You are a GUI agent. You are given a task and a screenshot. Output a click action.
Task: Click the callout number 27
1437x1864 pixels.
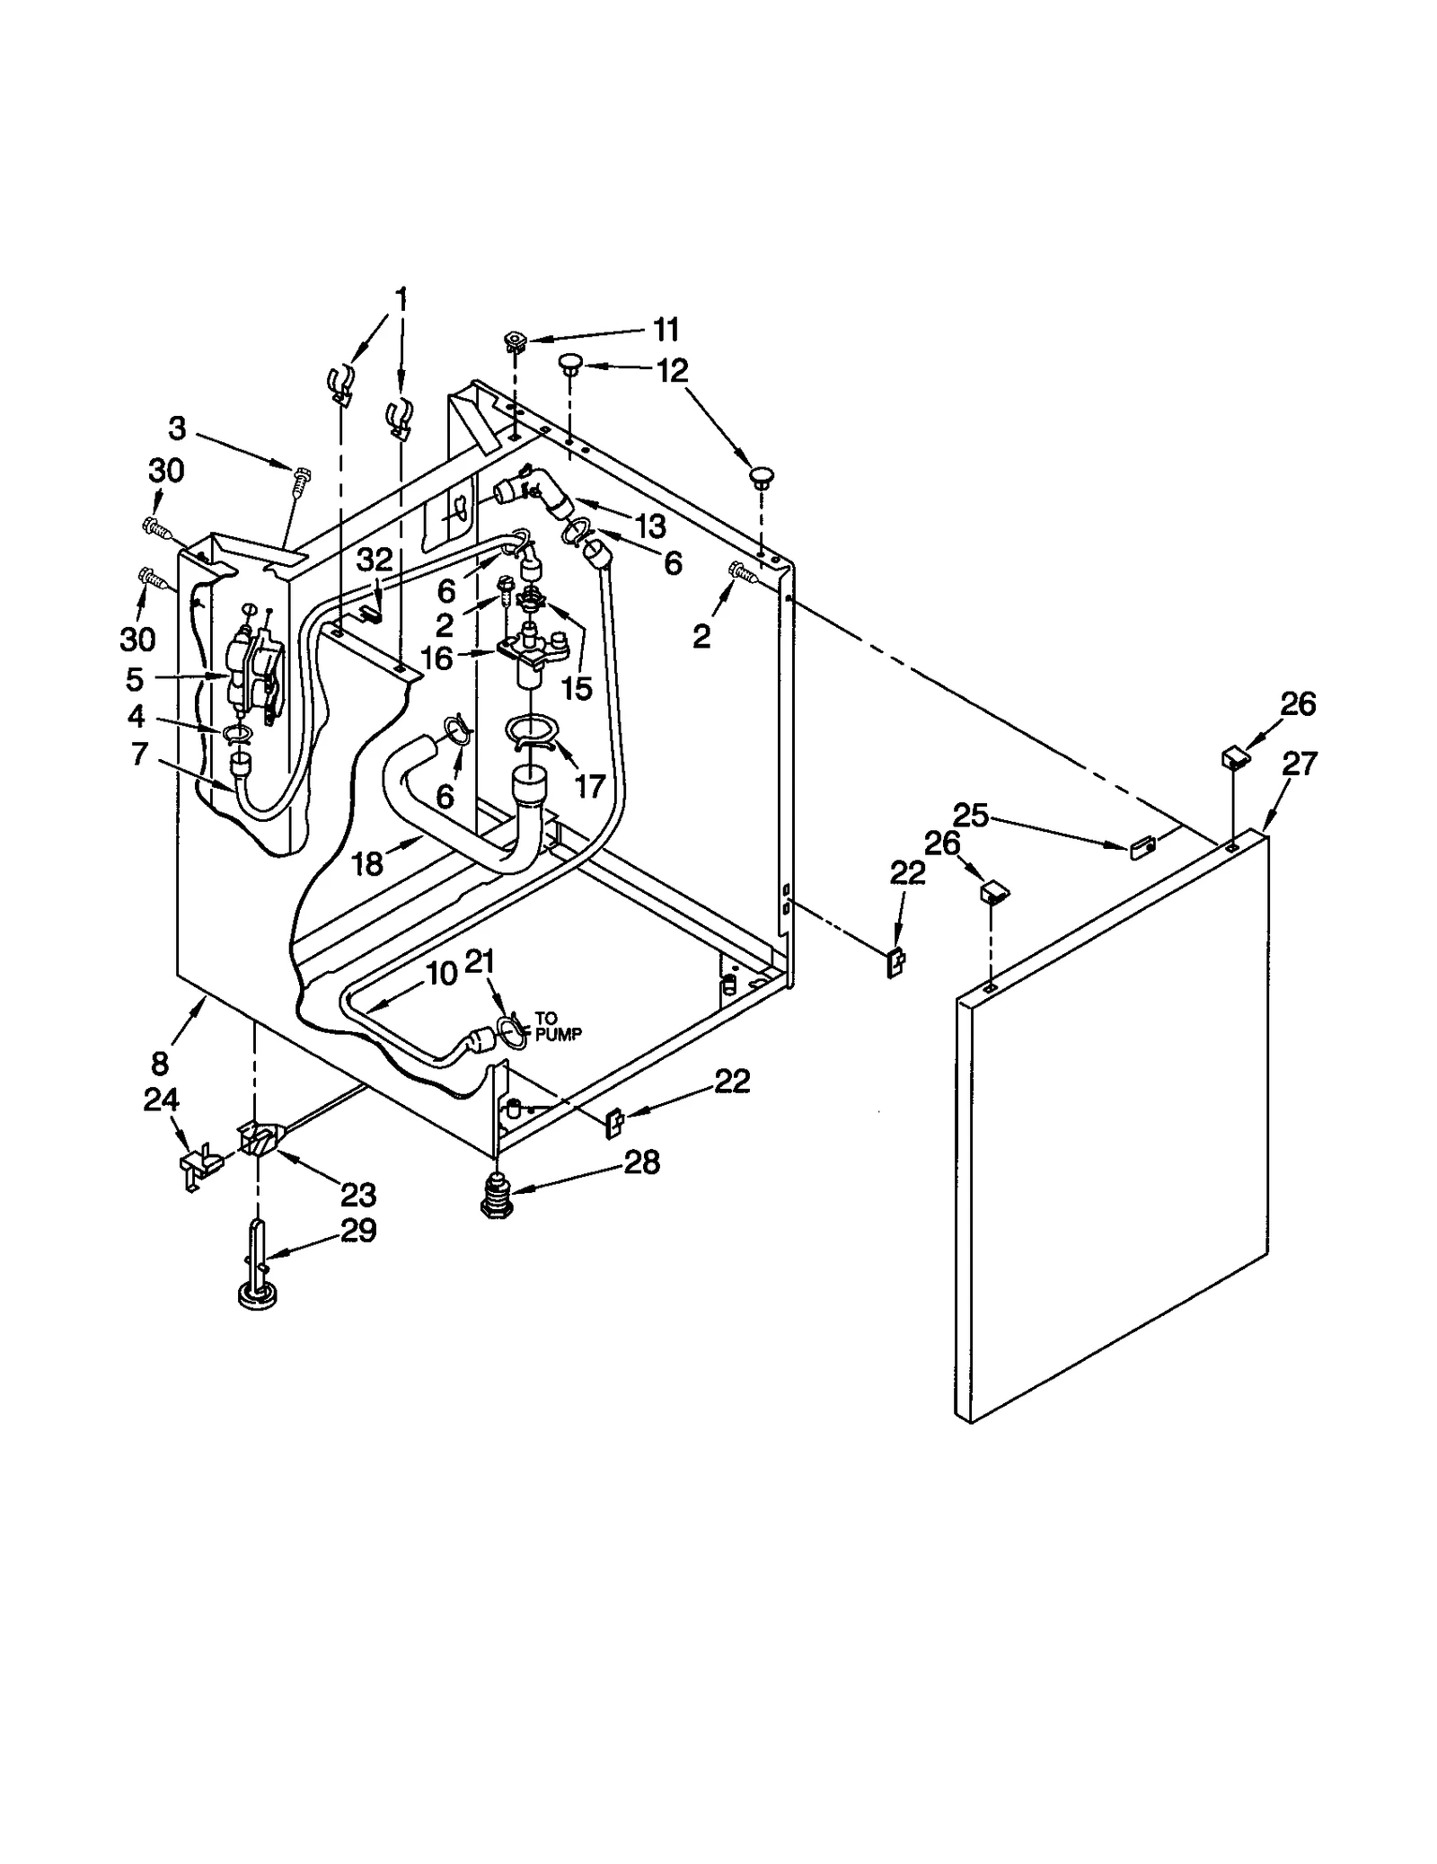(x=1299, y=764)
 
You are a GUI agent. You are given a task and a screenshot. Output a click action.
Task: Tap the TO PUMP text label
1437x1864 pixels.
(x=558, y=1026)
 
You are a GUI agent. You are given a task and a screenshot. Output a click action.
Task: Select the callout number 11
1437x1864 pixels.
(x=666, y=330)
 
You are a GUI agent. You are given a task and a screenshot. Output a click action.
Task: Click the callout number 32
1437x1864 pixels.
(x=375, y=560)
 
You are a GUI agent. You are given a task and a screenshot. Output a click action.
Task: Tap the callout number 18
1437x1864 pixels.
(x=367, y=863)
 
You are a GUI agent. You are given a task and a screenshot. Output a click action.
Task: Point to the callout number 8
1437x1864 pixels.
(x=160, y=1064)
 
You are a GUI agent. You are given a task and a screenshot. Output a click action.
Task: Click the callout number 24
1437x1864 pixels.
(x=162, y=1100)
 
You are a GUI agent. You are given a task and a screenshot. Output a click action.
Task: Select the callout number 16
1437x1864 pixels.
(x=437, y=658)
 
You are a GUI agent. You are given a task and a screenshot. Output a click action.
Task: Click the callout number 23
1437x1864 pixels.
(x=357, y=1196)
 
